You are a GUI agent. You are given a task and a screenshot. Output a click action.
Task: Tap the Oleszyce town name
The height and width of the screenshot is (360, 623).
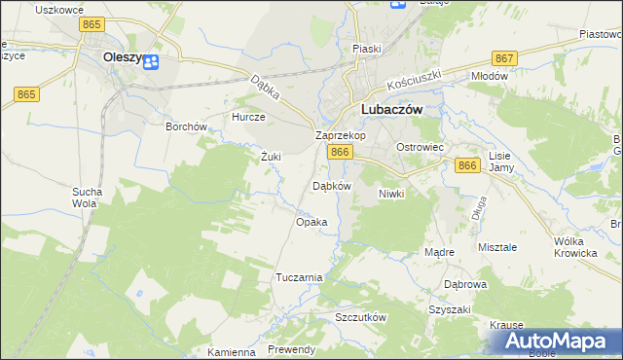coord(123,57)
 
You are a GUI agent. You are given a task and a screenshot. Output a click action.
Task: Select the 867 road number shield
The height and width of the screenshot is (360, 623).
coord(503,57)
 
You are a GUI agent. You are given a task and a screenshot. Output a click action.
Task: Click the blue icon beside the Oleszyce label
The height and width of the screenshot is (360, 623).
coord(151,62)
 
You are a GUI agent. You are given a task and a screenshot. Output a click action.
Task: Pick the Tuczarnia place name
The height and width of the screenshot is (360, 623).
coord(299,277)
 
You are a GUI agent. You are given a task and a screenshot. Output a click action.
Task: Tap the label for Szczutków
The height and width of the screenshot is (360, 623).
coord(360,318)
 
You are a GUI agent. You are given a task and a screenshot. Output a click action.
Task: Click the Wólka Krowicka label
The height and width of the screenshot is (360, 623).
coord(574,247)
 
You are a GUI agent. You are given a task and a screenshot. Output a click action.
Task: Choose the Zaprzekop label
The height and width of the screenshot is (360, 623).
coord(340,136)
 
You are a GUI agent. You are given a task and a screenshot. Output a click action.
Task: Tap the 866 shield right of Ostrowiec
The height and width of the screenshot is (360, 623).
coord(467,166)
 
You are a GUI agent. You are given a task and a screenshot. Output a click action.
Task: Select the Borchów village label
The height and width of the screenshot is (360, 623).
coord(187,126)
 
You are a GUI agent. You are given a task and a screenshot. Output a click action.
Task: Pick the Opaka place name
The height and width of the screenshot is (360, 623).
coord(311,222)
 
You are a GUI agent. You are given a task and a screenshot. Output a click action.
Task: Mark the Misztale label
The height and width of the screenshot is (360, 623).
coord(497,247)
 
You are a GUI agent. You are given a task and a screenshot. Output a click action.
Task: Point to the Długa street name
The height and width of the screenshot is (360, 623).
coord(478,207)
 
